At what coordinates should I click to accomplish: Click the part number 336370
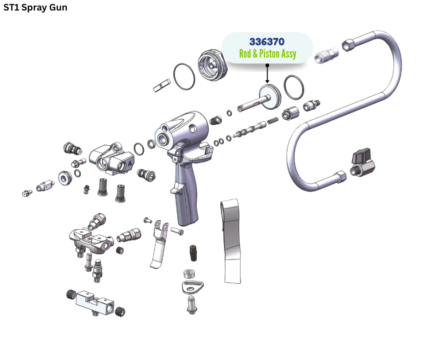[267, 42]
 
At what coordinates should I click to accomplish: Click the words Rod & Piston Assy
[267, 54]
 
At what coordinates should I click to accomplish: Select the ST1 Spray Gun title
[35, 8]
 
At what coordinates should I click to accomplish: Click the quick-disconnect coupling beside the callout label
[327, 55]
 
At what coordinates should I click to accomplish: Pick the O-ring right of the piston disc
[293, 87]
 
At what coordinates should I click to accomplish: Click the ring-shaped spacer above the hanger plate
[188, 274]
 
